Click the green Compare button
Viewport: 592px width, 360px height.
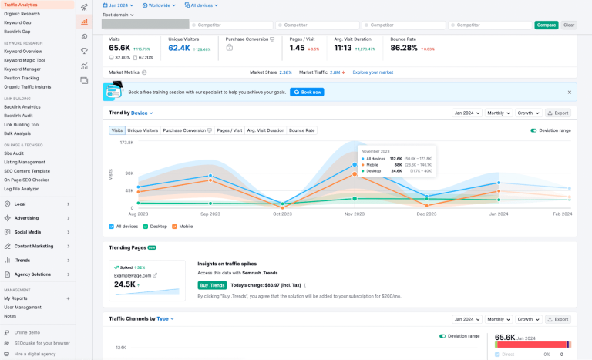[x=546, y=25]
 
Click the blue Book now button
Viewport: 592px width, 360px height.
[x=307, y=92]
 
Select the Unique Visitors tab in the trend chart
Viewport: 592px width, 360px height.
[x=143, y=130]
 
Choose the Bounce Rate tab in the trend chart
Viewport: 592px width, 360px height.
[x=301, y=130]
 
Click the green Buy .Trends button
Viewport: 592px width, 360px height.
[x=211, y=285]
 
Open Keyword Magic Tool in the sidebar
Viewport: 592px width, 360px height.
[x=25, y=60]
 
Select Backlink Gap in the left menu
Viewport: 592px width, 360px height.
[x=18, y=31]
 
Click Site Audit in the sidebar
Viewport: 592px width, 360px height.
[x=15, y=153]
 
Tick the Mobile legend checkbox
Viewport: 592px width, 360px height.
[x=174, y=227]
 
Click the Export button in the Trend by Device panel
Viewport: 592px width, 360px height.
[x=559, y=113]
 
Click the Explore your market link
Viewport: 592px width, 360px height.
[x=373, y=72]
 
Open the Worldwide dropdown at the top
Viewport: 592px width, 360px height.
[x=160, y=5]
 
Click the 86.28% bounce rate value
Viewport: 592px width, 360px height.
[x=404, y=48]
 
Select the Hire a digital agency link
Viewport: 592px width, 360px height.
[x=35, y=353]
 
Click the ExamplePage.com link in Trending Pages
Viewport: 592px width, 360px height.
[x=135, y=274]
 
